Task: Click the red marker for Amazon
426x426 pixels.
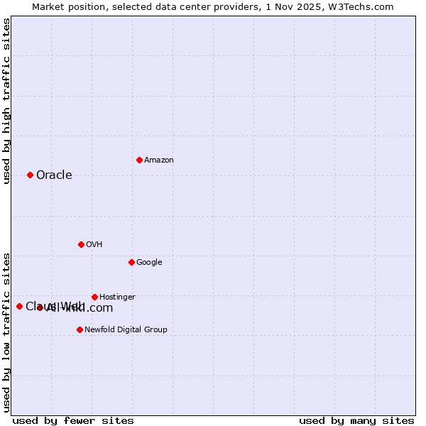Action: pos(139,160)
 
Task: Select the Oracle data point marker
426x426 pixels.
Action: pos(30,175)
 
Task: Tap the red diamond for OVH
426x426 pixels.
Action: pos(81,244)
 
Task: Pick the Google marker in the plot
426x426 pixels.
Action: pos(131,262)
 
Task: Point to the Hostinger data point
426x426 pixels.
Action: pos(94,297)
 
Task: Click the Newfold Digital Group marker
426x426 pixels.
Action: pos(80,329)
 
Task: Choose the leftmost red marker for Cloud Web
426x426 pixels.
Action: pos(19,306)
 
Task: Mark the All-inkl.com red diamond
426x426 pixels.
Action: pos(40,307)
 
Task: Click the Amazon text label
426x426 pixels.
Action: pos(159,160)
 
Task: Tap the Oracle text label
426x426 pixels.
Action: pos(54,175)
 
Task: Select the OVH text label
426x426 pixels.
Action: pos(94,245)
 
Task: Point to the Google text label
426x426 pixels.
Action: pos(149,263)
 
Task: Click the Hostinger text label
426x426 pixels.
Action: pos(117,297)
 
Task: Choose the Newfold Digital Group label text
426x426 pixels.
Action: pos(126,330)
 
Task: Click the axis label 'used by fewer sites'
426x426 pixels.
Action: pos(73,421)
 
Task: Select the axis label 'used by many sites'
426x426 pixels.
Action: pos(356,421)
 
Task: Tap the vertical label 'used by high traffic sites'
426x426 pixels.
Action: pos(7,101)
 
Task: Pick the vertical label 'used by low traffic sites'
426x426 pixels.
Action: pos(7,332)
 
